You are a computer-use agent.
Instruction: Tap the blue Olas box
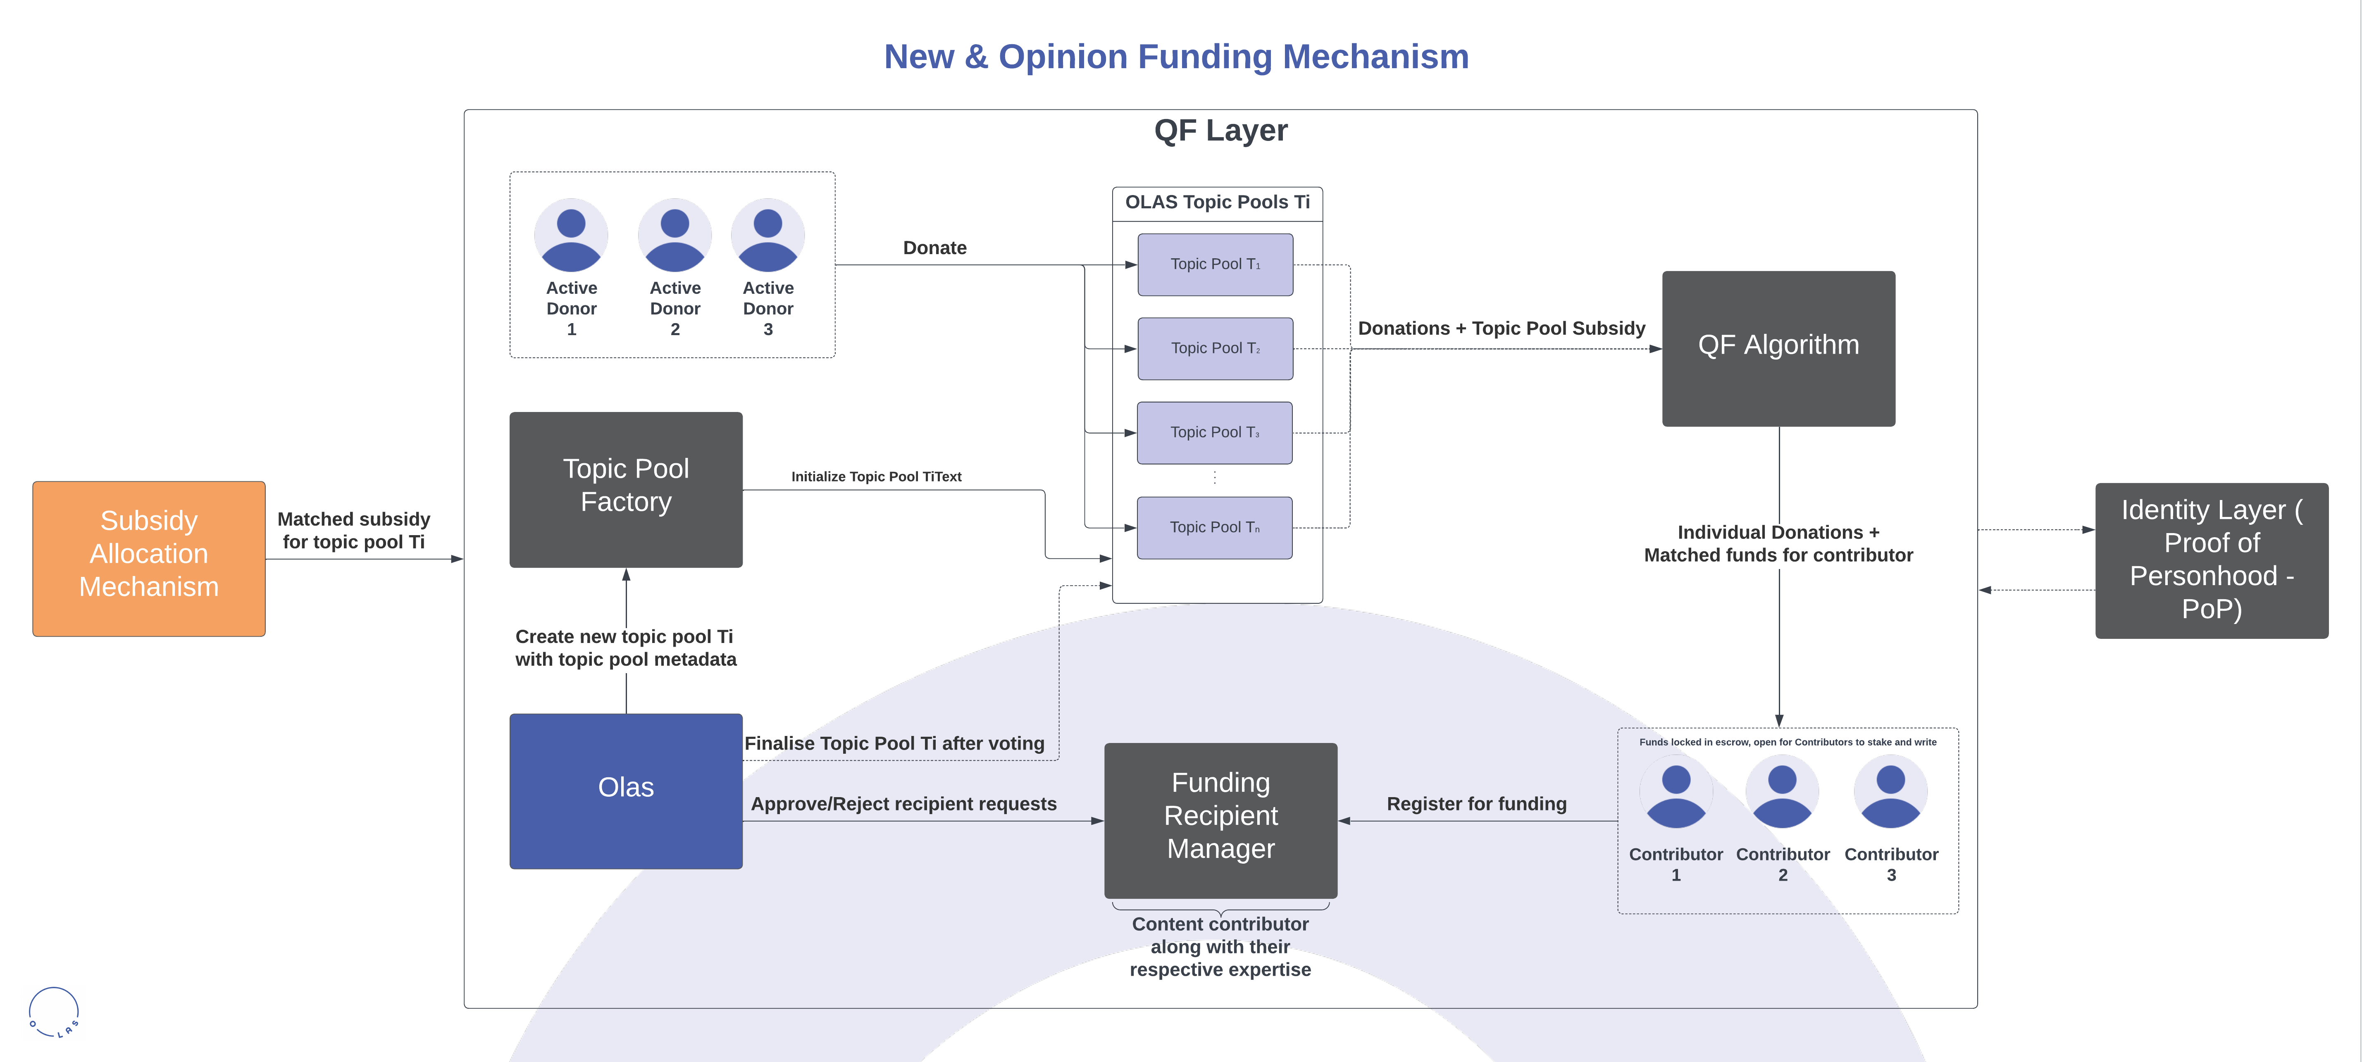click(x=625, y=791)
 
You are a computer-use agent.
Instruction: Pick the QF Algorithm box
click(x=1778, y=348)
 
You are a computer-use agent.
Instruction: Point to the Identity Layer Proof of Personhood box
click(x=2211, y=560)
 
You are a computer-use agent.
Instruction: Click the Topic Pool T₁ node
click(x=1215, y=264)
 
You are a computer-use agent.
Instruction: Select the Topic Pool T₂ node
click(x=1215, y=348)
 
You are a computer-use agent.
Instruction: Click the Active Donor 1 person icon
click(x=571, y=236)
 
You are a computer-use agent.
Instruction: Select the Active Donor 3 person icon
click(x=767, y=236)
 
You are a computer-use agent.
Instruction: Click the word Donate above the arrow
click(x=934, y=248)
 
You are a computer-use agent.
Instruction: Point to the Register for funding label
click(x=1476, y=803)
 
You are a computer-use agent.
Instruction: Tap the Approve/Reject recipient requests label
click(x=903, y=803)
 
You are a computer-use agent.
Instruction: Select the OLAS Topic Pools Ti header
click(x=1217, y=202)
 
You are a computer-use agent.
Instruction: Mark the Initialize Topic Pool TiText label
click(x=876, y=476)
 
